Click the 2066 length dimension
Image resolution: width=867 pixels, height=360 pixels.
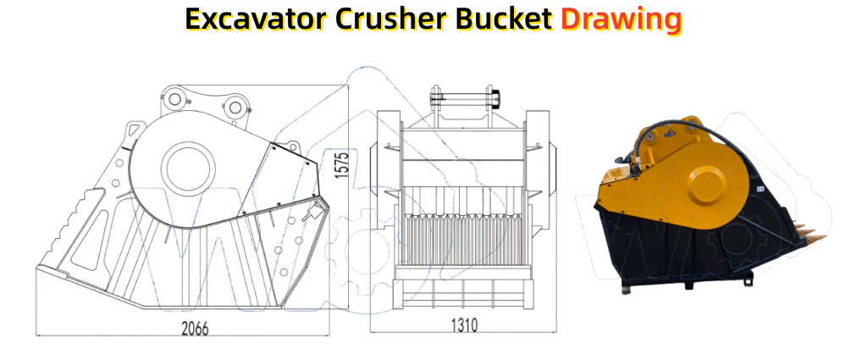196,329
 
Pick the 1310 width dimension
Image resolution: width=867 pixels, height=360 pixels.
463,325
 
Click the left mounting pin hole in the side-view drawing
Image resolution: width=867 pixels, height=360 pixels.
174,100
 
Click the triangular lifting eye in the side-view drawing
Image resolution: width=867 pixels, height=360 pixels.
133,130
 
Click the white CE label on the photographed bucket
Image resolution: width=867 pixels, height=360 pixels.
759,189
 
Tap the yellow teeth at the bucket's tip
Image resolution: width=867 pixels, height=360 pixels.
809,232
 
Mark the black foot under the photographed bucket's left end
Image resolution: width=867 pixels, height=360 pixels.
626,290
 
